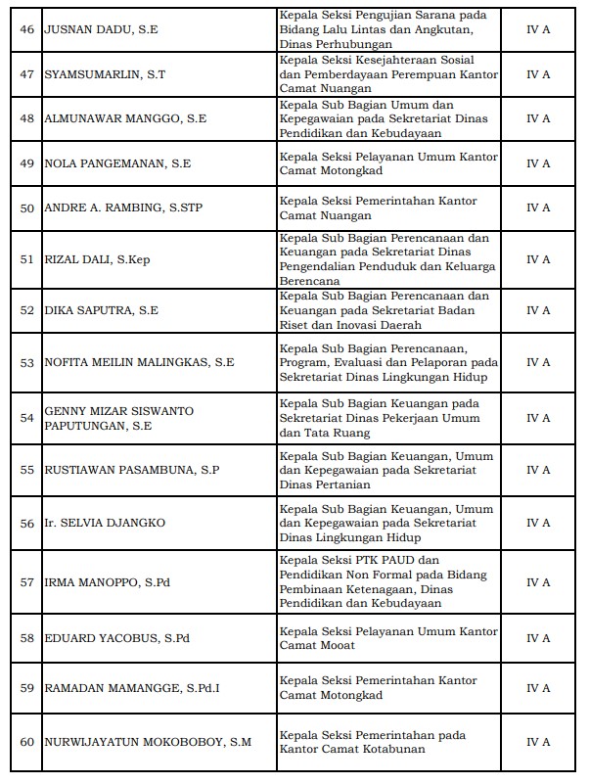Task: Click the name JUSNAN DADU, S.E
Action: tap(101, 30)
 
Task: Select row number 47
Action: tap(27, 74)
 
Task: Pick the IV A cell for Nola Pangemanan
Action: tap(538, 163)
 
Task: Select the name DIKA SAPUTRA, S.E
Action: tap(102, 310)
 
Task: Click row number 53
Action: tap(27, 362)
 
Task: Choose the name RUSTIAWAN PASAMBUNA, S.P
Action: tap(132, 470)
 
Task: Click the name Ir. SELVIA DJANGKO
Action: tap(105, 523)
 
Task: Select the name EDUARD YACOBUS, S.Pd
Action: tap(116, 638)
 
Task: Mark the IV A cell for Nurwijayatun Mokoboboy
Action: tap(538, 741)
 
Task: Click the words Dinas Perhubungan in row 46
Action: tap(336, 45)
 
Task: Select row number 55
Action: tap(27, 470)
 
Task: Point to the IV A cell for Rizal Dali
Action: tap(538, 259)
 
